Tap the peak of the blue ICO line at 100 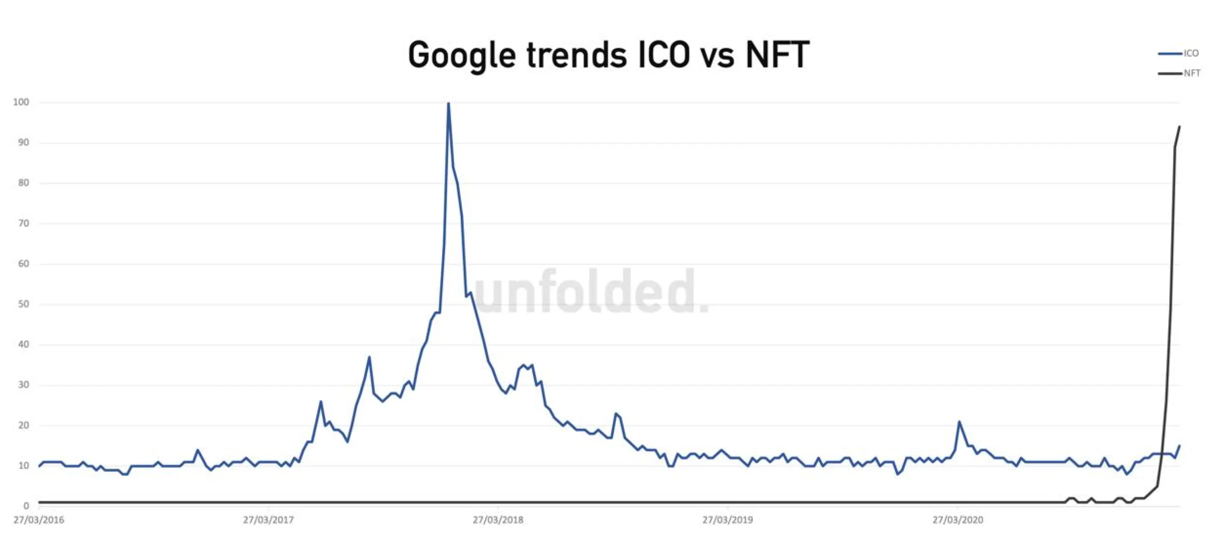coord(448,103)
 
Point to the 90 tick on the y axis coord(22,143)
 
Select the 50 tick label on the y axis coord(22,304)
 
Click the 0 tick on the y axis coord(26,506)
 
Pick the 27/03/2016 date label coord(39,520)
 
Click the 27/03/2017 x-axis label coord(268,520)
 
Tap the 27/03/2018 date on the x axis coord(498,520)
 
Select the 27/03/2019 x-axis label coord(727,520)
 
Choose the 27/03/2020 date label coord(958,520)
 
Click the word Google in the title coord(461,55)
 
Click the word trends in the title coord(576,55)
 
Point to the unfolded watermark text coord(591,292)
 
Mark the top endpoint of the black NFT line coord(1180,126)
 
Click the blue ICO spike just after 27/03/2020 coord(959,421)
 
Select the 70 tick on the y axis coord(22,224)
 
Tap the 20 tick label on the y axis coord(22,425)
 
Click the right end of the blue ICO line coord(1180,445)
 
